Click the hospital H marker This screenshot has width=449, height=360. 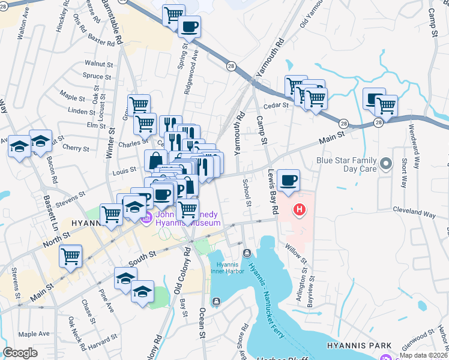click(299, 209)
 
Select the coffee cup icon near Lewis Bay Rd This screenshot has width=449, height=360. click(288, 181)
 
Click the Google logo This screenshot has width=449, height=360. click(20, 353)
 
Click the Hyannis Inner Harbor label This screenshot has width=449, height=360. click(228, 268)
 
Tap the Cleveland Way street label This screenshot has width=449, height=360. click(414, 211)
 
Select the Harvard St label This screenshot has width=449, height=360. click(102, 342)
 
